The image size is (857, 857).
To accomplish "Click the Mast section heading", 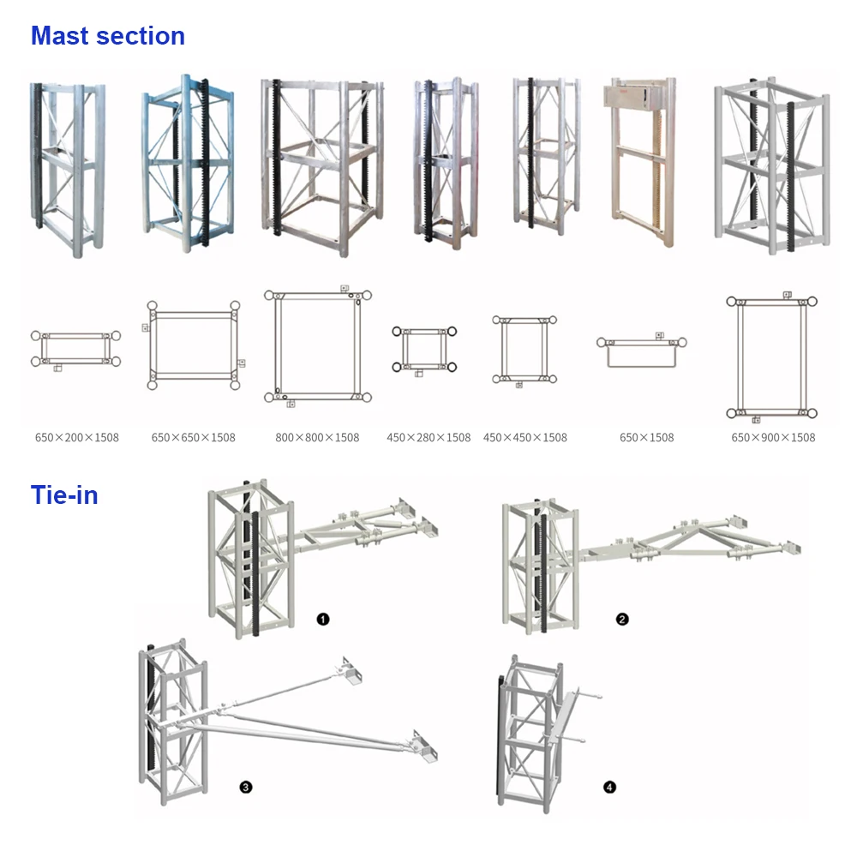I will pyautogui.click(x=108, y=36).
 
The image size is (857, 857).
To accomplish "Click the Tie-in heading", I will pyautogui.click(x=64, y=494).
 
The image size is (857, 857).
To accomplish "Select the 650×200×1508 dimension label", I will pyautogui.click(x=77, y=437).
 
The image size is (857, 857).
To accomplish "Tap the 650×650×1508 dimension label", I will pyautogui.click(x=193, y=437).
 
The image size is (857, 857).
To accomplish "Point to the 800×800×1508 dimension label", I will pyautogui.click(x=317, y=437).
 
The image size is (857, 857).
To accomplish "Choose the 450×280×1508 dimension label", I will pyautogui.click(x=428, y=437).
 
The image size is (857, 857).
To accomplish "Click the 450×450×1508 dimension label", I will pyautogui.click(x=525, y=437).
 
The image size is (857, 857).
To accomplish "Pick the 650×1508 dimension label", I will pyautogui.click(x=647, y=437).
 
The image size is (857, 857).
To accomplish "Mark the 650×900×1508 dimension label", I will pyautogui.click(x=773, y=437).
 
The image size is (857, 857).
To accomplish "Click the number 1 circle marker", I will pyautogui.click(x=323, y=619).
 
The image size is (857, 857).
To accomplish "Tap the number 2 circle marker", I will pyautogui.click(x=622, y=619).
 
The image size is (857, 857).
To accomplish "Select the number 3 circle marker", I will pyautogui.click(x=245, y=787).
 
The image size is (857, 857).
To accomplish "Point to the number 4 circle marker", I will pyautogui.click(x=609, y=787).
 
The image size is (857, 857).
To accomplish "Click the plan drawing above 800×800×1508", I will pyautogui.click(x=319, y=345).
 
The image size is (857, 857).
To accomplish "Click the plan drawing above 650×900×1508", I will pyautogui.click(x=771, y=358).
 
